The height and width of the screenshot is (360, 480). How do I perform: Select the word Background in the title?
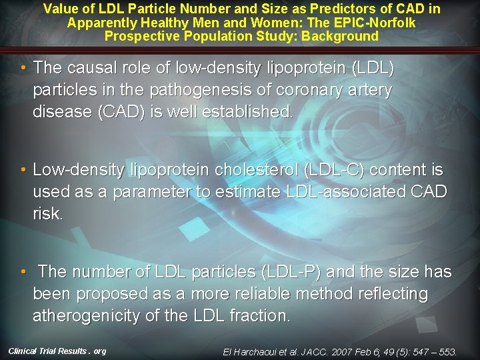[x=340, y=36]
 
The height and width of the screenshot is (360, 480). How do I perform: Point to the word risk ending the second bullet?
[x=48, y=215]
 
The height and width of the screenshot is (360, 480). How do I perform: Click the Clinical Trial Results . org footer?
[x=57, y=351]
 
